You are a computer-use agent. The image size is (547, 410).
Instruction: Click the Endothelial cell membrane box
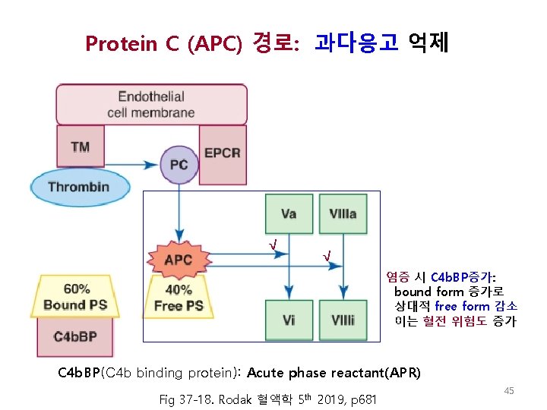[151, 104]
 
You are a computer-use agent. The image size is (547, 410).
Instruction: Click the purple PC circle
[179, 165]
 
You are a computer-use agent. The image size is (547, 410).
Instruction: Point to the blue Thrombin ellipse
[79, 188]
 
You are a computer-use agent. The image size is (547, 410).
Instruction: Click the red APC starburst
[179, 260]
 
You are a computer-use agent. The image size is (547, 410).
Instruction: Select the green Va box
[289, 213]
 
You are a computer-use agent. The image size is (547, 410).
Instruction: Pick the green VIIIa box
[343, 213]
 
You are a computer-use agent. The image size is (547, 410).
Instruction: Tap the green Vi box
[289, 320]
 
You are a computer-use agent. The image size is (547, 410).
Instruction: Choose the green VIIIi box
[343, 320]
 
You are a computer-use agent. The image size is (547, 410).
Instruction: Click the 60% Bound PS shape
[75, 297]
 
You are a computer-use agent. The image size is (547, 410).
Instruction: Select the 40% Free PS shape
[179, 297]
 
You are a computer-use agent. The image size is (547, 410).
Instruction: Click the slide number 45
[509, 390]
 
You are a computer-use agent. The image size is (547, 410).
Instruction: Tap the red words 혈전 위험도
[454, 321]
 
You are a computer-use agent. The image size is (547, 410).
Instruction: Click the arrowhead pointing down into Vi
[289, 294]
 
